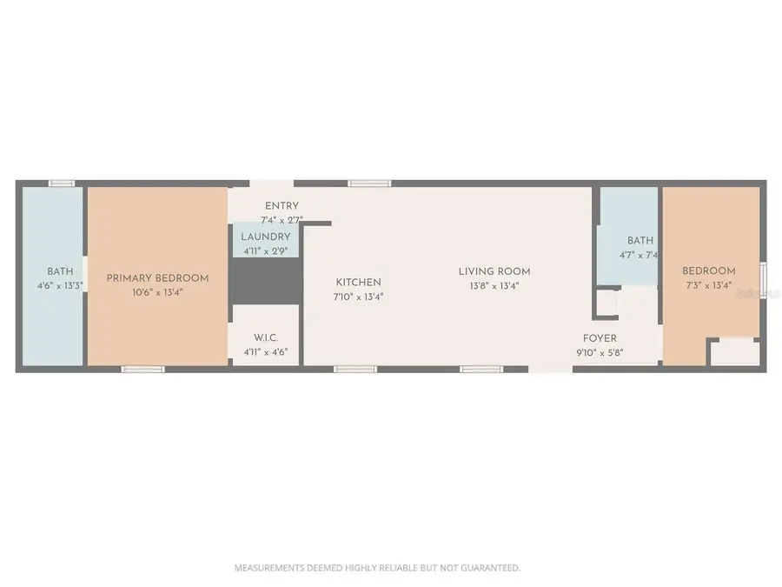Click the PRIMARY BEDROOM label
tap(157, 278)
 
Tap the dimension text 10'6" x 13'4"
tap(157, 292)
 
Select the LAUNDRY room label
tap(265, 237)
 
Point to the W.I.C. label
tap(266, 338)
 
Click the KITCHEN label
tap(358, 283)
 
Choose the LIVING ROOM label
tap(494, 271)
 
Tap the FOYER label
tap(600, 338)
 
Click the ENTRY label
tap(282, 206)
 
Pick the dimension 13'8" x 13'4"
tap(494, 286)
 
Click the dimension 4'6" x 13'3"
tap(60, 286)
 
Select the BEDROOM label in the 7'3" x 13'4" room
tap(709, 271)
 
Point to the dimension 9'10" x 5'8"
tap(600, 353)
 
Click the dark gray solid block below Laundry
tap(266, 281)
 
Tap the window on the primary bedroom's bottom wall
tap(143, 370)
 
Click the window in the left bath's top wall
tap(62, 183)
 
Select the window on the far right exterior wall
tap(763, 281)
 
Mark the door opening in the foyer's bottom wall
tap(551, 370)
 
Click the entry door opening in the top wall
tap(271, 183)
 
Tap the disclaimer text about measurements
tap(378, 568)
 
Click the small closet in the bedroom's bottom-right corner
tap(735, 352)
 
